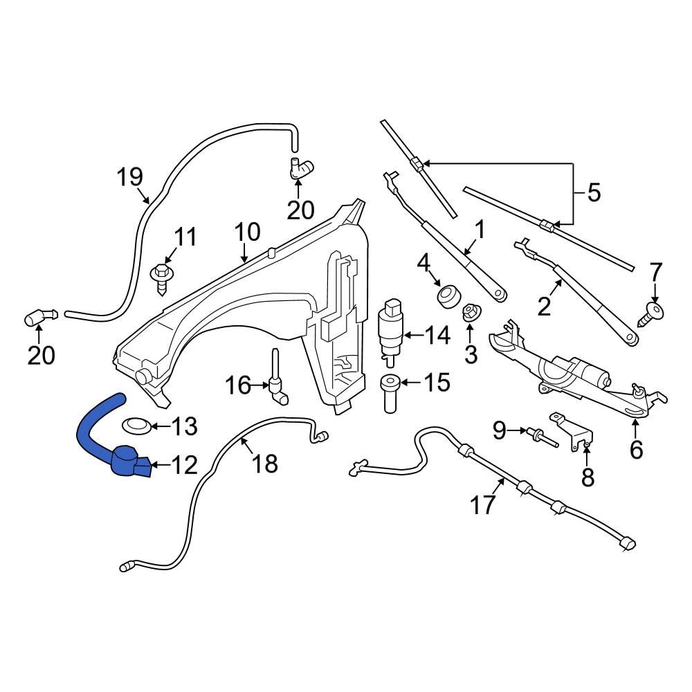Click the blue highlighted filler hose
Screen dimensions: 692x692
pyautogui.click(x=93, y=432)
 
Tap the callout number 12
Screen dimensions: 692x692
pyautogui.click(x=184, y=464)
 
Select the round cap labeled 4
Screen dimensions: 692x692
pyautogui.click(x=446, y=296)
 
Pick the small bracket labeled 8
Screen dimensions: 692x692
pyautogui.click(x=574, y=433)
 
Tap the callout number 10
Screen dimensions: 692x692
pyautogui.click(x=247, y=231)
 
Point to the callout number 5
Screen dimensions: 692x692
pyautogui.click(x=594, y=193)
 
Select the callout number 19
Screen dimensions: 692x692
pyautogui.click(x=129, y=178)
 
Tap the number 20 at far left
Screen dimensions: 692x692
pyautogui.click(x=40, y=355)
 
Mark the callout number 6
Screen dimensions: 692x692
pyautogui.click(x=635, y=450)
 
